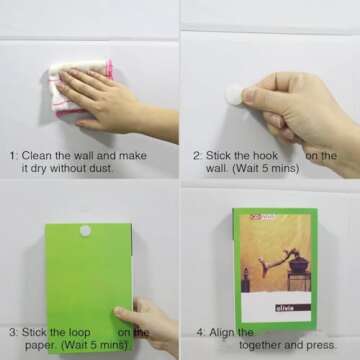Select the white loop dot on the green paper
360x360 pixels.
pos(85,231)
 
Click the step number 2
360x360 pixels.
pos(195,156)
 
